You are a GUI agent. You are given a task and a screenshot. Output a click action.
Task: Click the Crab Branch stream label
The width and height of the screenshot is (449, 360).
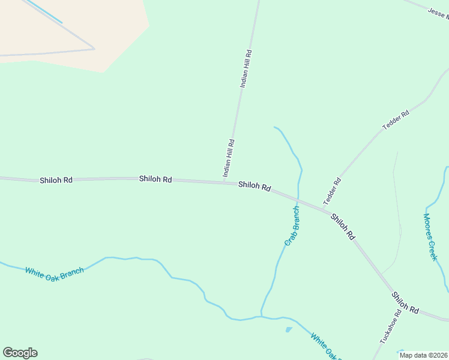292,226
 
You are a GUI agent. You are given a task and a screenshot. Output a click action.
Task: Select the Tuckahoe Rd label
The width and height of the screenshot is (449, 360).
390,327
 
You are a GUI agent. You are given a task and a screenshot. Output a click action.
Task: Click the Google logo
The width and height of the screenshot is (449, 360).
20,353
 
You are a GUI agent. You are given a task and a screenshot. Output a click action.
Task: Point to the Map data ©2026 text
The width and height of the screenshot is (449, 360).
423,355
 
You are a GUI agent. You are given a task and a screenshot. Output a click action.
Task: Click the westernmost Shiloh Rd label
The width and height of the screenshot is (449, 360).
56,180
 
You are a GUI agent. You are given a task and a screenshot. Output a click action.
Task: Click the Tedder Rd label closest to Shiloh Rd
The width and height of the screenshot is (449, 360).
332,190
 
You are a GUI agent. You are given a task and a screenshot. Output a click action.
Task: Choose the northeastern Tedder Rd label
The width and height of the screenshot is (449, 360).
396,121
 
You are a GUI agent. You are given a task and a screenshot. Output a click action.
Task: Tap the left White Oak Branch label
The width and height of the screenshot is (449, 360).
54,271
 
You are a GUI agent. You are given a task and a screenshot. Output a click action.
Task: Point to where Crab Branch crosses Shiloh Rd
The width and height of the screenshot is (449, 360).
298,199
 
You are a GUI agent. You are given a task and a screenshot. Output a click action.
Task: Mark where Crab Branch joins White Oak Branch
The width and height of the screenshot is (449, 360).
261,316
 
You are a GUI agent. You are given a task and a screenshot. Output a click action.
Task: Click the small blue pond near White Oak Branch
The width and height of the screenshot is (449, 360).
289,329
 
